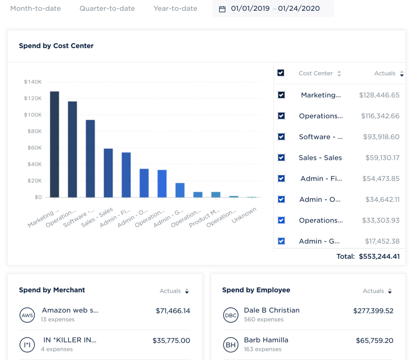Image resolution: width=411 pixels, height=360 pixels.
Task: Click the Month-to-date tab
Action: pos(36,9)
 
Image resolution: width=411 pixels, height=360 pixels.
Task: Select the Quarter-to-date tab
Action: pos(107,9)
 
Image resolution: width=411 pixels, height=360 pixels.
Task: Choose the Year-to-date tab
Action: pos(176,9)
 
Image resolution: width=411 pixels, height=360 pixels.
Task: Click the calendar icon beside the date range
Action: pos(222,9)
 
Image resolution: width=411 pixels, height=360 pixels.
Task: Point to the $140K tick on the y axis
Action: pos(33,82)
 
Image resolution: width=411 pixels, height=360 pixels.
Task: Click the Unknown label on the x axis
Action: pos(244,216)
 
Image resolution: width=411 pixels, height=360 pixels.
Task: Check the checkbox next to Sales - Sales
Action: pos(281,158)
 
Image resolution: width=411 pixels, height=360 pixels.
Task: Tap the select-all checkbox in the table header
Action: pos(281,73)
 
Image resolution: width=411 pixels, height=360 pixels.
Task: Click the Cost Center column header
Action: pos(316,73)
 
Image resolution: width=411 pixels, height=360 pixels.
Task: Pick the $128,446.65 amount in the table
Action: pos(379,95)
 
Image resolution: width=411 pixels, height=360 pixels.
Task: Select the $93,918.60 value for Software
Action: pos(379,137)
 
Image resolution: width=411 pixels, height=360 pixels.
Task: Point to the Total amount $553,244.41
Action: pos(379,257)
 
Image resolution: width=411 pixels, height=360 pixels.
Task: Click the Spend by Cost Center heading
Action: pos(56,46)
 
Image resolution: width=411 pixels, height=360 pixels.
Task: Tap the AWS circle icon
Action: pos(27,315)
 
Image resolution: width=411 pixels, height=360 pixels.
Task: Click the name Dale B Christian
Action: pos(271,310)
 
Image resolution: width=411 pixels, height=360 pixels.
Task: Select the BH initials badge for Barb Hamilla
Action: pos(230,345)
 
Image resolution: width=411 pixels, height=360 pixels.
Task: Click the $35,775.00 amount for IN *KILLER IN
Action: pos(171,341)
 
